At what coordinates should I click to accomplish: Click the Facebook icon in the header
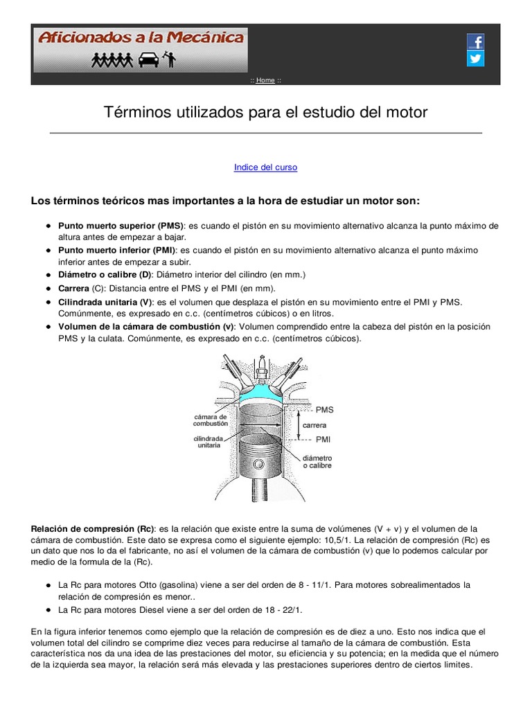[x=475, y=42]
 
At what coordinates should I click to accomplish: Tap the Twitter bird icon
[x=475, y=59]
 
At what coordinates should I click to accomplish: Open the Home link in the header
[x=265, y=80]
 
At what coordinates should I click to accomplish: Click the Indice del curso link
[x=265, y=168]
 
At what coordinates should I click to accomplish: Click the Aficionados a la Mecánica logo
[x=141, y=50]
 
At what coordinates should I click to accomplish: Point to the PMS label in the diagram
[x=324, y=410]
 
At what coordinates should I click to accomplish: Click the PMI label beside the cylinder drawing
[x=323, y=440]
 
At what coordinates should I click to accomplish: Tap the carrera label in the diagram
[x=314, y=425]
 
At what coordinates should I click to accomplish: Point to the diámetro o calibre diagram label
[x=317, y=462]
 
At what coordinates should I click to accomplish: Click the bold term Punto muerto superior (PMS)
[x=121, y=226]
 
